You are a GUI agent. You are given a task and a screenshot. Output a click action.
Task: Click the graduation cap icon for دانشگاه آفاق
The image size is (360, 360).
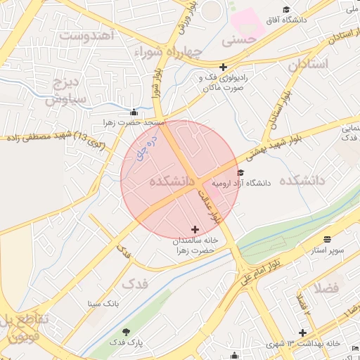[286, 9]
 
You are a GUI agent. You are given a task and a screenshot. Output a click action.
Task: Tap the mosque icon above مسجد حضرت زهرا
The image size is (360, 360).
[134, 112]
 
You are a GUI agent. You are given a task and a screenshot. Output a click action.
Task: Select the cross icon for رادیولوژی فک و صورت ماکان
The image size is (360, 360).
[223, 67]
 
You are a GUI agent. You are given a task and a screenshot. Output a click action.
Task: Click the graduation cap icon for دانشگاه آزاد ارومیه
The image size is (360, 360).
[240, 172]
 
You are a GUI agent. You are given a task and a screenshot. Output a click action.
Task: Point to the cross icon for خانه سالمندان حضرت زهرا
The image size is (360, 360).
[195, 229]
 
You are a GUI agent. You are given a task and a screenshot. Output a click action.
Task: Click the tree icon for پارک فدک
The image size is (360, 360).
[127, 331]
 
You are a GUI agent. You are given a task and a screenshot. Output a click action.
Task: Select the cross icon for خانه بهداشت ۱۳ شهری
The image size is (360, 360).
[302, 333]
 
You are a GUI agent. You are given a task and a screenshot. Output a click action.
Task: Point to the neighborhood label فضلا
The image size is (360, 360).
[328, 287]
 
